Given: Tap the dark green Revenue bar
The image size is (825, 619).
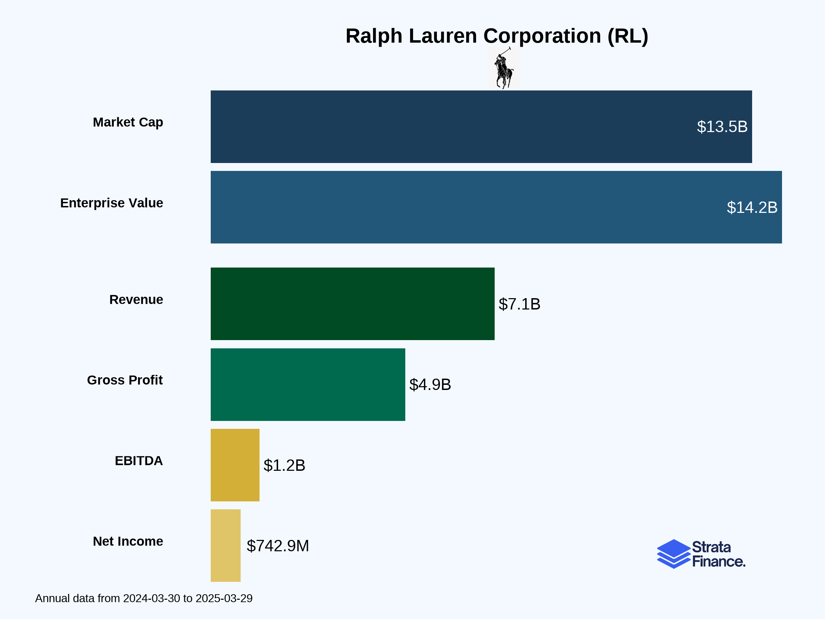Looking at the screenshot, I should (352, 304).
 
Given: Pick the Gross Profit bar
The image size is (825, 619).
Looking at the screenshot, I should (308, 384).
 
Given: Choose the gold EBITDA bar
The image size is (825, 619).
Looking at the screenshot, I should (235, 465).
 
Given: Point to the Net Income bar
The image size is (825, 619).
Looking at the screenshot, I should (225, 545).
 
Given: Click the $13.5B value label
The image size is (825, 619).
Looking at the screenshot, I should (722, 127).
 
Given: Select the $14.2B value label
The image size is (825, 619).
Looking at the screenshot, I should (752, 207).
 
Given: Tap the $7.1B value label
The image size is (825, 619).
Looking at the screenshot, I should (519, 304).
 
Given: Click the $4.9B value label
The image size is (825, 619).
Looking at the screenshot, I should (430, 385).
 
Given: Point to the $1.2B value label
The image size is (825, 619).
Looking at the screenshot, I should (284, 465).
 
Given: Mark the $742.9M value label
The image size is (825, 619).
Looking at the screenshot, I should (277, 546).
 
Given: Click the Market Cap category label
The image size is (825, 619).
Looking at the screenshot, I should (128, 122).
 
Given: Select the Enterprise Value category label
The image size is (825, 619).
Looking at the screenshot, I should (111, 203).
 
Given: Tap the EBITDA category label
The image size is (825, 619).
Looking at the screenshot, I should (139, 461).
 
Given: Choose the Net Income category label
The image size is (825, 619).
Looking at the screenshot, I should (128, 541).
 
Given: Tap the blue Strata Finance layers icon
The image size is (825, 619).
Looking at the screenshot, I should (673, 554).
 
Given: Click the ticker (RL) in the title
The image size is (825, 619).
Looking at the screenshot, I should (628, 36).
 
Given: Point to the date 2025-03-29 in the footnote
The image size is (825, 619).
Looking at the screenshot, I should (224, 598).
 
